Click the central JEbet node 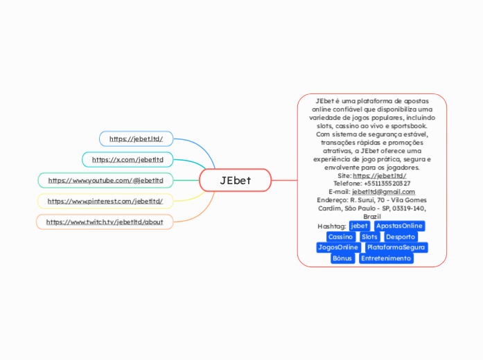coord(235,180)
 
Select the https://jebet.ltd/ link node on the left coord(136,139)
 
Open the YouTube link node coord(105,180)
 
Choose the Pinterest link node coord(105,201)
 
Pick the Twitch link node coord(105,222)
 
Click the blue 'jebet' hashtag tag coord(360,226)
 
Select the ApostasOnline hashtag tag coord(399,226)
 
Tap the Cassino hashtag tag coord(340,237)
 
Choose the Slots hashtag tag coord(369,237)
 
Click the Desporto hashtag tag coord(401,237)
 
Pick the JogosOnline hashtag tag coord(338,247)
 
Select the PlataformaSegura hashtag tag coord(396,247)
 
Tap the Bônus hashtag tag coord(342,258)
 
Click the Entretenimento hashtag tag coord(387,258)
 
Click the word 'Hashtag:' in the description coord(332,226)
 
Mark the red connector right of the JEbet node coord(283,180)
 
